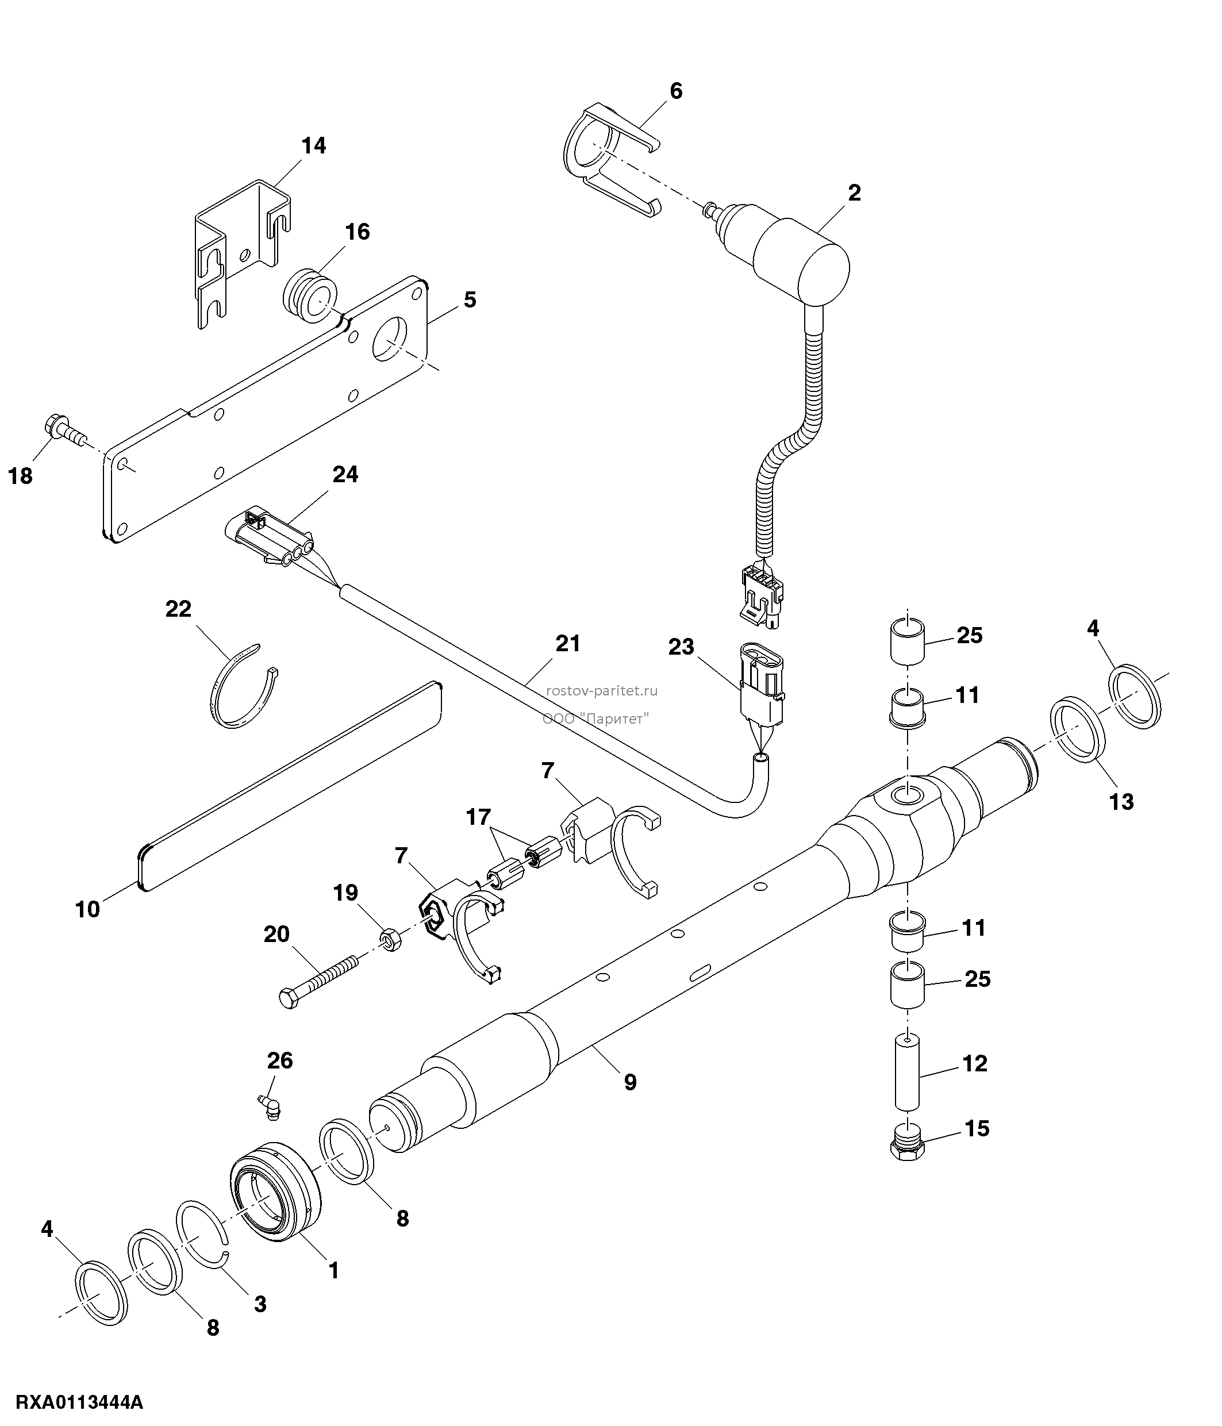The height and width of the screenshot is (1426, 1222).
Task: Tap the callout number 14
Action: pyautogui.click(x=314, y=146)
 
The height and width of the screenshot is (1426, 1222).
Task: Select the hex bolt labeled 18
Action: pyautogui.click(x=66, y=430)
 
